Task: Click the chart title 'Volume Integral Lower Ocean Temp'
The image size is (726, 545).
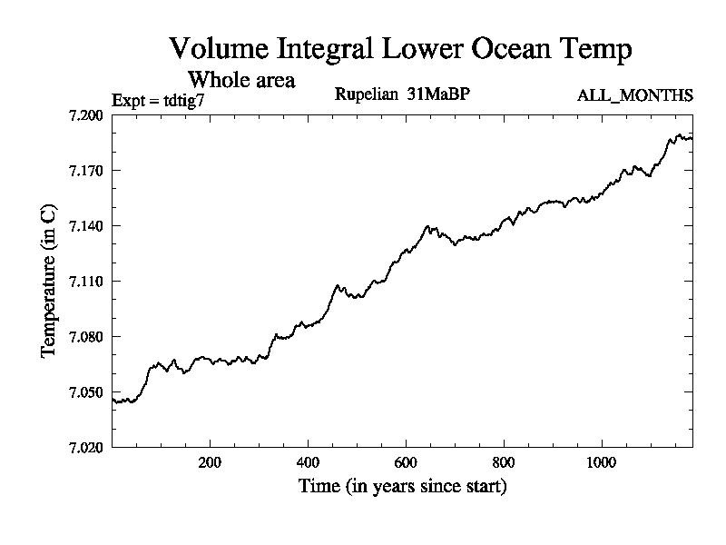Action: point(400,49)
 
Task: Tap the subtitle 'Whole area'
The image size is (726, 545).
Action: point(240,80)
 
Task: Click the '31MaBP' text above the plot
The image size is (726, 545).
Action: point(437,94)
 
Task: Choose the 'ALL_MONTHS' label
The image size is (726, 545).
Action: point(635,95)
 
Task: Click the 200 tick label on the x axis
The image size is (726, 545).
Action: point(210,461)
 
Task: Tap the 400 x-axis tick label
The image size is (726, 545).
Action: point(308,461)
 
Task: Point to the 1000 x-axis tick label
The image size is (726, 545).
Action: point(602,461)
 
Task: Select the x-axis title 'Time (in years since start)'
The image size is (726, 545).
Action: point(402,487)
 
